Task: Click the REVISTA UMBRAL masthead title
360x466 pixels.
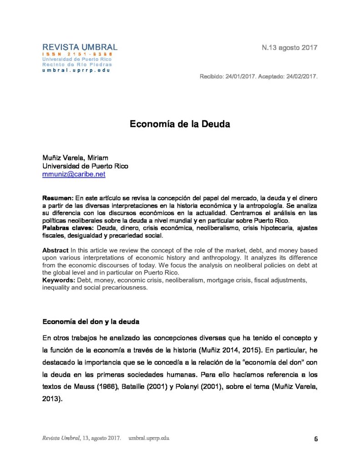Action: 80,47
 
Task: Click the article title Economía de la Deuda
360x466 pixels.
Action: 180,124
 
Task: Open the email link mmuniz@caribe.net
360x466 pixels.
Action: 74,174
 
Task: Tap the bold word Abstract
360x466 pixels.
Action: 55,251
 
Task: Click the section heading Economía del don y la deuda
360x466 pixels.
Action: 91,321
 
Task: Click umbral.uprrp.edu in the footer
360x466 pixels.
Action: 148,438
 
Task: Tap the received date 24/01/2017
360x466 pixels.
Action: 240,76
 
